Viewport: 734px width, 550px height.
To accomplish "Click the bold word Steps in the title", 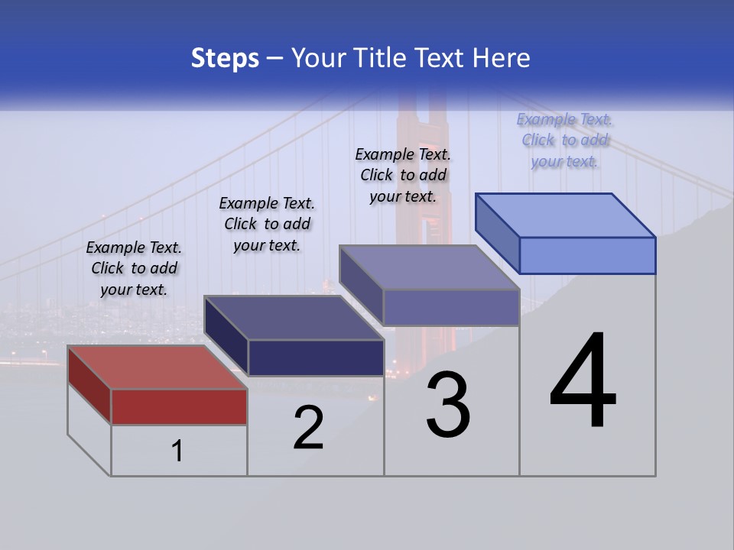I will point(225,58).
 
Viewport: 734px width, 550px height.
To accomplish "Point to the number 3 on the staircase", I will point(448,405).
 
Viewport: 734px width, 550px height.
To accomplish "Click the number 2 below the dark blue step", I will point(308,428).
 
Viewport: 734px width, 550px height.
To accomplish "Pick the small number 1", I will point(177,451).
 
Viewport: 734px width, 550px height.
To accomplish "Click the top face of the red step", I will point(158,367).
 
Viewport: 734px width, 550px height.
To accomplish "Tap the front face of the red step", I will point(179,406).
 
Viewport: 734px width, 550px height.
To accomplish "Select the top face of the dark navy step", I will point(294,318).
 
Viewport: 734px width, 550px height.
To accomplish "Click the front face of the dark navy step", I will point(316,357).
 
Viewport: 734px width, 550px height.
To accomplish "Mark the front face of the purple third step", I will point(451,307).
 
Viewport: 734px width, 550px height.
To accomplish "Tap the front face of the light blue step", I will point(587,255).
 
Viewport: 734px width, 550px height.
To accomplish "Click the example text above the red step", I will point(134,268).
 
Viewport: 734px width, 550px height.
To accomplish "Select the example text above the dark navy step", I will point(267,224).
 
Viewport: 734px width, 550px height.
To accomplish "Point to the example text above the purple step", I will point(403,175).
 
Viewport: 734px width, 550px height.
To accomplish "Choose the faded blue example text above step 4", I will point(564,140).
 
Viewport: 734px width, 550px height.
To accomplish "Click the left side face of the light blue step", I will point(498,232).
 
